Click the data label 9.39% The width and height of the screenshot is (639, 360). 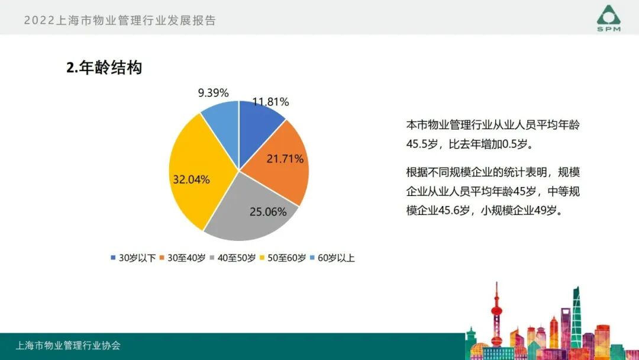pyautogui.click(x=213, y=92)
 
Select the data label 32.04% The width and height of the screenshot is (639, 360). pyautogui.click(x=191, y=179)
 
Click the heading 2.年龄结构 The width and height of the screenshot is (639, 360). pyautogui.click(x=104, y=68)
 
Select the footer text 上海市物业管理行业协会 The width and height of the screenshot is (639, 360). pyautogui.click(x=68, y=345)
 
